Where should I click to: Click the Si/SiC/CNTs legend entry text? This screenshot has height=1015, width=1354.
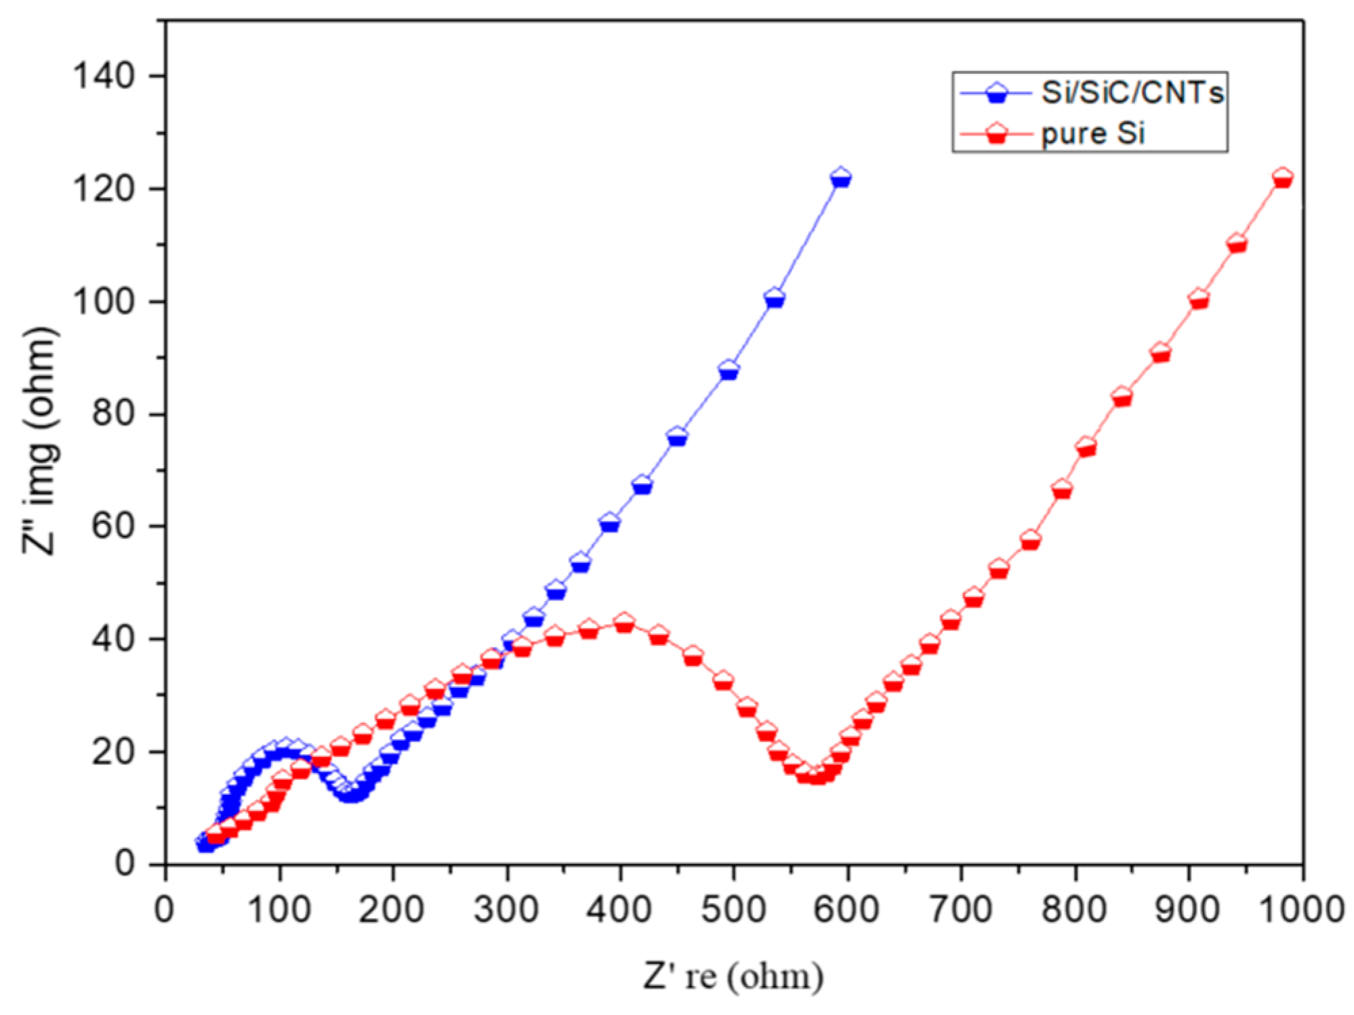point(1132,93)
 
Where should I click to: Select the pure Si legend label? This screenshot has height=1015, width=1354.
point(1092,133)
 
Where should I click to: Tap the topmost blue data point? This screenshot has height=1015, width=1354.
point(840,178)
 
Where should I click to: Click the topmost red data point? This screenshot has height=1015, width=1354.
point(1282,178)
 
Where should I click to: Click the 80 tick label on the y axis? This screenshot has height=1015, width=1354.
point(112,413)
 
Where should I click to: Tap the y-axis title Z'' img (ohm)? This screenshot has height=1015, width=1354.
point(39,440)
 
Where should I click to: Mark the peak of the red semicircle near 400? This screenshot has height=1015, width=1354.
point(623,623)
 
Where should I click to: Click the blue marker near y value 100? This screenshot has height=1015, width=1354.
point(774,298)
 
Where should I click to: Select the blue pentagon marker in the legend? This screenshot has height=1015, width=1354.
point(996,93)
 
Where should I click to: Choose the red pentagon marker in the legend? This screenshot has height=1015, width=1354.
point(996,133)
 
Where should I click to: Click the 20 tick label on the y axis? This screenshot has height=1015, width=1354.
point(112,751)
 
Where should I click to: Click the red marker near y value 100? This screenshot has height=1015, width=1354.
point(1199,299)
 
